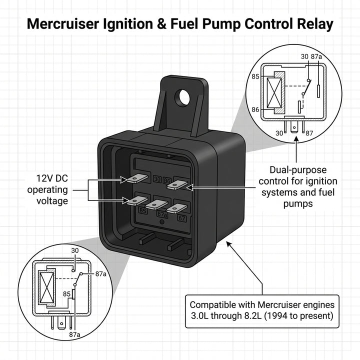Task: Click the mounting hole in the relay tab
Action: click(184, 96)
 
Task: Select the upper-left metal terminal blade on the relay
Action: click(136, 178)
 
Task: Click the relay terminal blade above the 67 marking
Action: click(177, 207)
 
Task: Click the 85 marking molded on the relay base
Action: click(143, 210)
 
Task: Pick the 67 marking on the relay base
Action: click(182, 218)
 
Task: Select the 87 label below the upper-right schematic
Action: click(309, 133)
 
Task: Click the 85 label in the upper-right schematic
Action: click(255, 77)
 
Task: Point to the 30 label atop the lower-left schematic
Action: click(74, 251)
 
